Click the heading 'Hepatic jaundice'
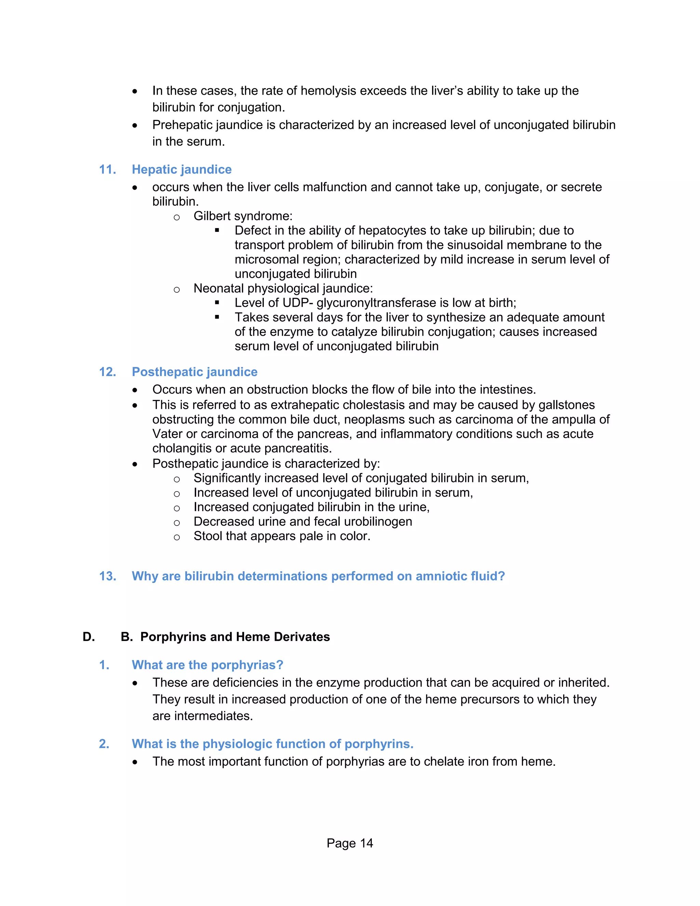[x=181, y=169]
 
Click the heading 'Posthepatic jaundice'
[x=194, y=372]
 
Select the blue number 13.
[x=107, y=576]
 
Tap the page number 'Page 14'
[x=350, y=843]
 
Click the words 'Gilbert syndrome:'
[x=243, y=216]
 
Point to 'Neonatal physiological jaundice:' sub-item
[x=283, y=288]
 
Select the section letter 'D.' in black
[x=89, y=637]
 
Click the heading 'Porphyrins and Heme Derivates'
[x=235, y=637]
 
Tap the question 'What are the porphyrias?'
[x=207, y=665]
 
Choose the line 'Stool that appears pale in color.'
[x=282, y=536]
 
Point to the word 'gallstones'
[x=566, y=405]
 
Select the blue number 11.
[x=107, y=169]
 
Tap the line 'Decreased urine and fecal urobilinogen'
[x=303, y=521]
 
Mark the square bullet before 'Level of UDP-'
[x=217, y=303]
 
